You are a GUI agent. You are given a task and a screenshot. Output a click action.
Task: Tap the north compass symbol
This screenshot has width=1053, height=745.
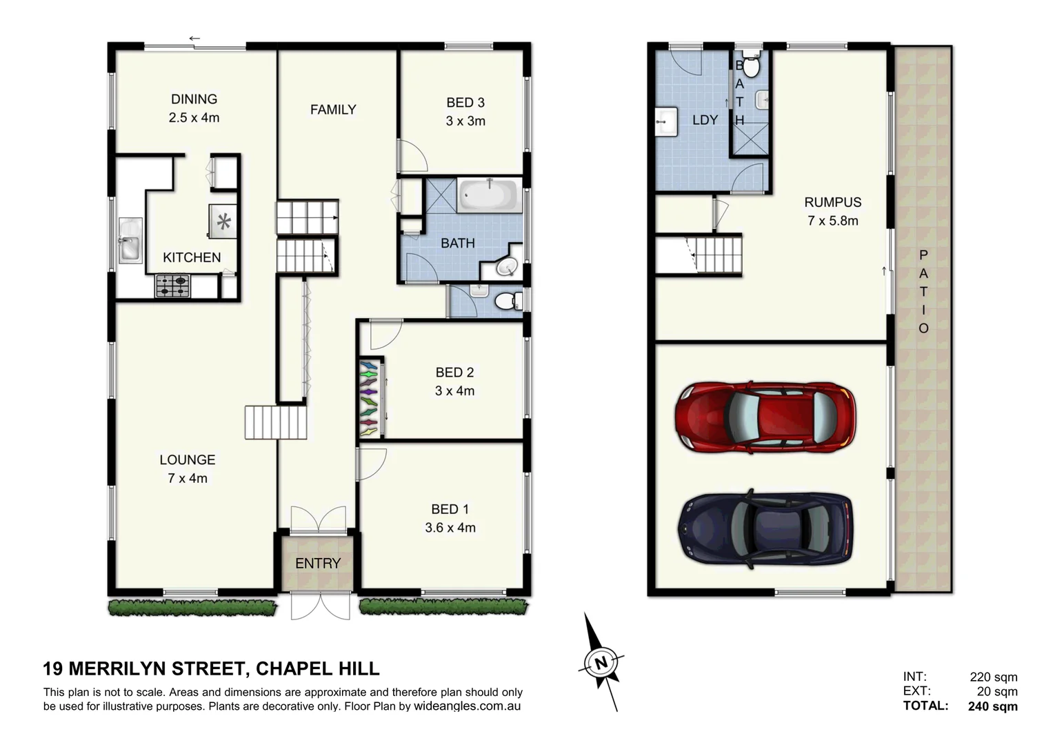pyautogui.click(x=601, y=663)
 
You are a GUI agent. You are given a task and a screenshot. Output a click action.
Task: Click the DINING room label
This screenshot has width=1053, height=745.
pyautogui.click(x=194, y=99)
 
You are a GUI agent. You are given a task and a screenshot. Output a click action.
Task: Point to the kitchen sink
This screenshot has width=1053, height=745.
pyautogui.click(x=130, y=240)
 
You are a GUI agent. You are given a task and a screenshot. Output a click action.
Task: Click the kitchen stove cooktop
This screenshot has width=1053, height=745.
pyautogui.click(x=172, y=285)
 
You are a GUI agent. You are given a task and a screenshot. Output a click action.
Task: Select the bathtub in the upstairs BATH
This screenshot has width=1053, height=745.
pyautogui.click(x=489, y=196)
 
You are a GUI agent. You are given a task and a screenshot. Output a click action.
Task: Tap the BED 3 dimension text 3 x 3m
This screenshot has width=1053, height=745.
pyautogui.click(x=465, y=121)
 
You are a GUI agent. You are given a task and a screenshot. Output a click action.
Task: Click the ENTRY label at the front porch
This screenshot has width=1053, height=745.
pyautogui.click(x=318, y=564)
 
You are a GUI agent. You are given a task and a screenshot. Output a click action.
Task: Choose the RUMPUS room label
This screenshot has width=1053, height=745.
pyautogui.click(x=832, y=202)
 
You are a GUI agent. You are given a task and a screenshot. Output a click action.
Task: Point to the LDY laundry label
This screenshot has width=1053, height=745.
pyautogui.click(x=705, y=120)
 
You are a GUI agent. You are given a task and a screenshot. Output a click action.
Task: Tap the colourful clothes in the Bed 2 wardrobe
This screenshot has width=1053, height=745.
pyautogui.click(x=370, y=398)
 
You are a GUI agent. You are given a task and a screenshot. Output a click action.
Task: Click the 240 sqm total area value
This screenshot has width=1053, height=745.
pyautogui.click(x=992, y=706)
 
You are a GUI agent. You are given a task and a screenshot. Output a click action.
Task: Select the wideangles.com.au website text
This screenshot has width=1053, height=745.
pyautogui.click(x=467, y=706)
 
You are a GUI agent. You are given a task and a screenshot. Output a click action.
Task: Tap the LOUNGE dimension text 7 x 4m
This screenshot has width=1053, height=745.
pyautogui.click(x=188, y=478)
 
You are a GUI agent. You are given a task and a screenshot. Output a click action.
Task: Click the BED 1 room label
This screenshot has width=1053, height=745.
pyautogui.click(x=450, y=509)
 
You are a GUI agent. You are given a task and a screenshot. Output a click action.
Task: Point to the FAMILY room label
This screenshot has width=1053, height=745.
pyautogui.click(x=333, y=110)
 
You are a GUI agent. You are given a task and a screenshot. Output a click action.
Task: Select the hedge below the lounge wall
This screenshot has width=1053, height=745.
pyautogui.click(x=192, y=607)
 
